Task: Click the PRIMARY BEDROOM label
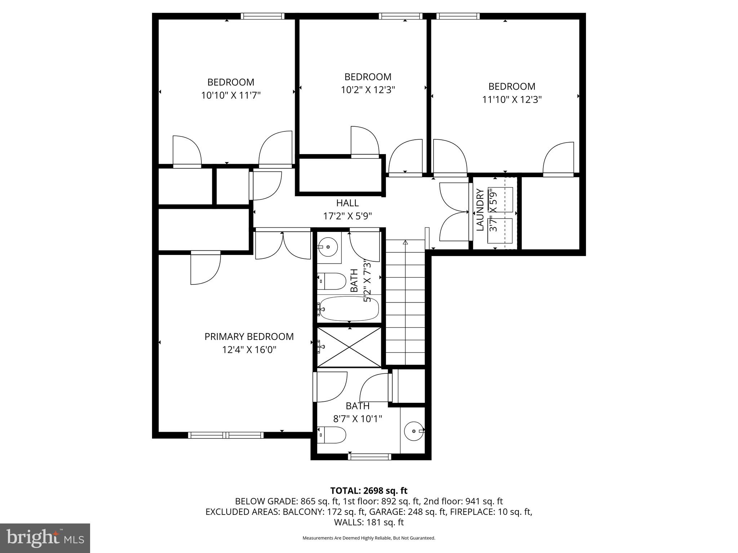[x=249, y=337]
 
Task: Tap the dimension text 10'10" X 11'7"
[x=231, y=95]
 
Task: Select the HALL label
[x=347, y=203]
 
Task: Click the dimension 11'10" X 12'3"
[x=512, y=100]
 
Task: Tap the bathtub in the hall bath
[x=349, y=309]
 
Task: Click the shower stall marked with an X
[x=349, y=347]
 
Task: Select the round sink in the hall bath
[x=329, y=247]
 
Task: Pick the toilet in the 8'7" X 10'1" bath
[x=332, y=435]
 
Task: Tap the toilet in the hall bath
[x=332, y=281]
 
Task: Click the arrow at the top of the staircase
[x=405, y=243]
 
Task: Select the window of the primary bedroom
[x=226, y=435]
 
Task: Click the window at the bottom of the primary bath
[x=369, y=457]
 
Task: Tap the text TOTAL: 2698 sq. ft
[x=369, y=490]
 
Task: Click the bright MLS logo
[x=45, y=538]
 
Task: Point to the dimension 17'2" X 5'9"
[x=347, y=216]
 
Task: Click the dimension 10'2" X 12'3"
[x=368, y=90]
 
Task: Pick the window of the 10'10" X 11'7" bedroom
[x=262, y=16]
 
